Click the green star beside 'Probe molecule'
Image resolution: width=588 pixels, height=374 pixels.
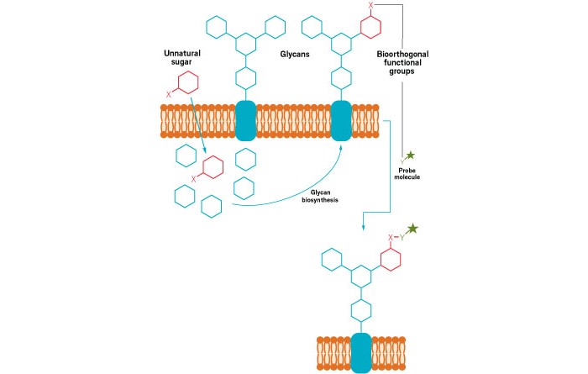tap(411, 155)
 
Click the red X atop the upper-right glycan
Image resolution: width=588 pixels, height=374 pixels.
tap(371, 6)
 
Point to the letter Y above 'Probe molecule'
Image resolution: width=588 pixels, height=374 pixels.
tap(401, 161)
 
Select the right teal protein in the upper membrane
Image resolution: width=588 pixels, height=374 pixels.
tap(342, 120)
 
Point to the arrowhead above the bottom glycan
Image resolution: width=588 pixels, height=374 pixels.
tap(362, 225)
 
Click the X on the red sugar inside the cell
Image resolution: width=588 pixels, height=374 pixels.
tap(196, 178)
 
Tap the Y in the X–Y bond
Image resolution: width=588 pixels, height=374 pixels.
tap(402, 237)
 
